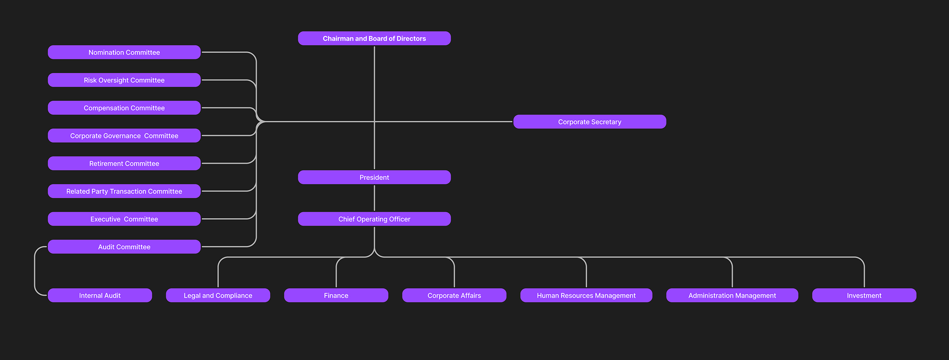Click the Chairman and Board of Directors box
click(x=374, y=38)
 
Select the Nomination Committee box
click(x=124, y=52)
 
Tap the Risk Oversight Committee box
click(x=124, y=80)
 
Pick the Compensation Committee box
click(x=124, y=108)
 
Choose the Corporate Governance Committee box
click(x=124, y=135)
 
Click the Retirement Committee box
click(x=124, y=163)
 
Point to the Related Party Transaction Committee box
click(x=124, y=191)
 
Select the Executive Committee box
click(x=124, y=219)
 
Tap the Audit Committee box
click(x=124, y=247)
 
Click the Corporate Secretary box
click(x=590, y=122)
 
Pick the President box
click(x=374, y=177)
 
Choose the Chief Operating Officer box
click(x=374, y=219)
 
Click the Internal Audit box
click(x=100, y=295)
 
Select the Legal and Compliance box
click(x=218, y=295)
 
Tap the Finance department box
click(x=336, y=295)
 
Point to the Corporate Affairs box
click(x=454, y=295)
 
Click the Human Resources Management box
click(x=586, y=295)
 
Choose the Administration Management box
click(x=732, y=295)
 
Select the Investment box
click(x=864, y=295)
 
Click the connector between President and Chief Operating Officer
click(x=374, y=198)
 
